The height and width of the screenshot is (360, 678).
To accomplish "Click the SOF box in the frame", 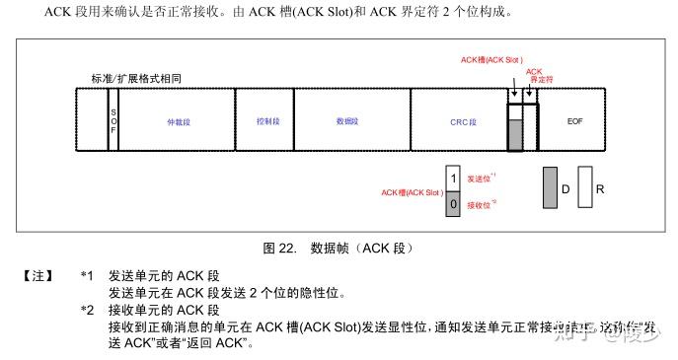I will click(113, 120).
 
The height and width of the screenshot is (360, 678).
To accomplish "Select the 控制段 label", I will click(263, 120).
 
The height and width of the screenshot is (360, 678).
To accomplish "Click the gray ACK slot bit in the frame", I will click(514, 135).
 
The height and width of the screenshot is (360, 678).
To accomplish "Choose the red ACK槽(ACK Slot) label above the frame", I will click(490, 59).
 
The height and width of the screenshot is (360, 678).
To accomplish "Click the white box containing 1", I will click(453, 178).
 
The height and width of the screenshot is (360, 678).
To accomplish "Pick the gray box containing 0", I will click(453, 204).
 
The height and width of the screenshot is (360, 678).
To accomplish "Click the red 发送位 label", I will click(480, 178).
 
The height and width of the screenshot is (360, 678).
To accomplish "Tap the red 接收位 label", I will click(480, 204).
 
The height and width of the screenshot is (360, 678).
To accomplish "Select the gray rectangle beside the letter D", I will click(550, 186).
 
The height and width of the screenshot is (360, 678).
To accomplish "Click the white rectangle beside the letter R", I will click(584, 186).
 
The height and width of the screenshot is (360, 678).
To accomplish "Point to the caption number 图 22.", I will click(281, 247).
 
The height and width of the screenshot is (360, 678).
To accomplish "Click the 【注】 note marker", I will click(38, 275).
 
